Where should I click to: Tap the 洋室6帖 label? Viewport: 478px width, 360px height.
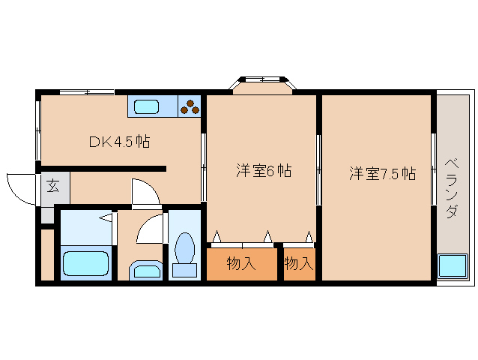(263, 171)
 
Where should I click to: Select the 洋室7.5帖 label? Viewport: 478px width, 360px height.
(381, 174)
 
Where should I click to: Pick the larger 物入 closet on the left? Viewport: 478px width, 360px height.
(241, 263)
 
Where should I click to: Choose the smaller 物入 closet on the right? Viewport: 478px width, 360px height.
(299, 263)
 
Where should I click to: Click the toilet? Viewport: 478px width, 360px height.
(184, 251)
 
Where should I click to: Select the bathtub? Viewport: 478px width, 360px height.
(86, 264)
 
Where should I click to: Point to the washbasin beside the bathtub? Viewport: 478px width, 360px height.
(146, 269)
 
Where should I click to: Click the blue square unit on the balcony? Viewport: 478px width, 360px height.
(452, 266)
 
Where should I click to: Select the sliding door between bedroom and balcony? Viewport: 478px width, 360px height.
(434, 169)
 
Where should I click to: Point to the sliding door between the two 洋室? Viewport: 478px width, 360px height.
(318, 169)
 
